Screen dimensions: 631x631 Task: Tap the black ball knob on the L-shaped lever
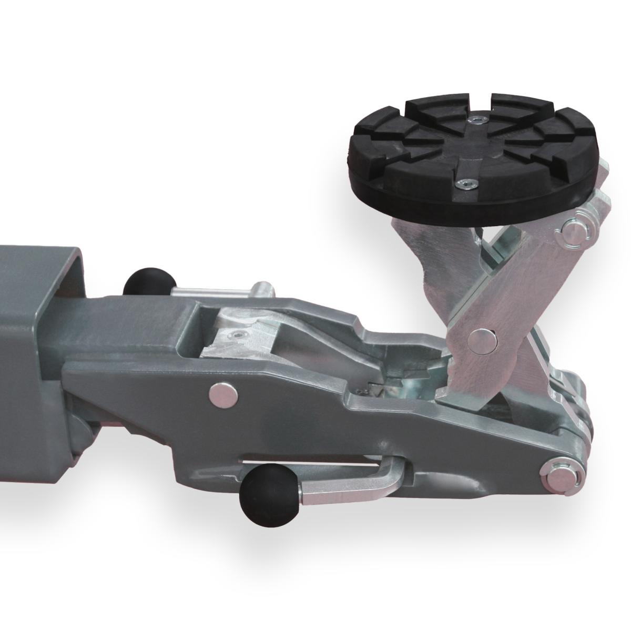(x=261, y=492)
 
